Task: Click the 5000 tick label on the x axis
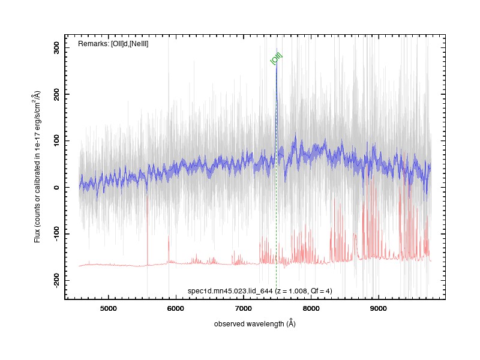[x=109, y=308]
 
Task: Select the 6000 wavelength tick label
[x=176, y=308]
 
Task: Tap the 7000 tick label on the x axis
[x=244, y=308]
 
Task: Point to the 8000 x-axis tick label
[x=311, y=308]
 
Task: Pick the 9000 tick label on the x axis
[x=379, y=308]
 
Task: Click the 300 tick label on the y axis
[x=56, y=47]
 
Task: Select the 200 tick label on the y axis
[x=56, y=94]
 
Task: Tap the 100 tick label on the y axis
[x=56, y=140]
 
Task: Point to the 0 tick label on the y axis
[x=56, y=187]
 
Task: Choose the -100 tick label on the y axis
[x=56, y=233]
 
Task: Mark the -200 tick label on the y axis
[x=56, y=280]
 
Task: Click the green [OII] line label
[x=276, y=58]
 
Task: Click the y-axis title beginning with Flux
[x=37, y=167]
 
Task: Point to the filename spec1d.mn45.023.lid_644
[x=230, y=291]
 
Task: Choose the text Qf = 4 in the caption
[x=320, y=291]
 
